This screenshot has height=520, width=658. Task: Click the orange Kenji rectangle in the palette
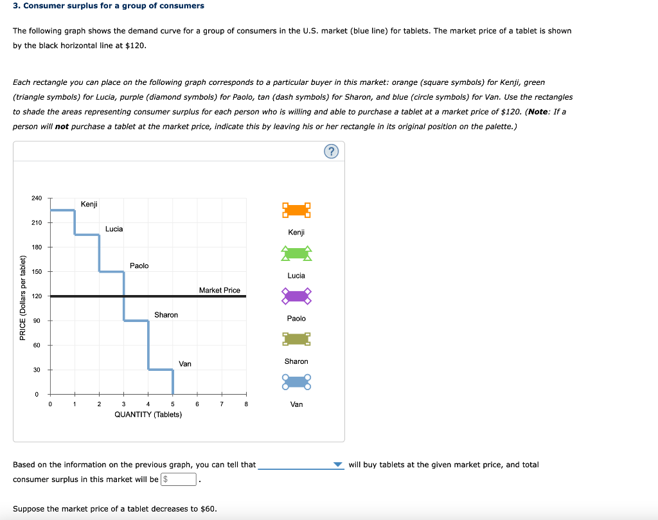click(x=296, y=210)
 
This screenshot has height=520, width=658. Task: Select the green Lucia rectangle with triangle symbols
click(x=296, y=253)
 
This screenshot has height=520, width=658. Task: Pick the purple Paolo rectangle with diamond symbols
click(x=296, y=296)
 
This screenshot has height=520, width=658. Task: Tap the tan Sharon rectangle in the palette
click(x=296, y=339)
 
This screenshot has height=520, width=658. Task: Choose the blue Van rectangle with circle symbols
click(x=296, y=382)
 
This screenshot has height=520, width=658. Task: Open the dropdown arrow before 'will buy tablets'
click(x=339, y=465)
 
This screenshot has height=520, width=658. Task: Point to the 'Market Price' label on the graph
click(x=220, y=291)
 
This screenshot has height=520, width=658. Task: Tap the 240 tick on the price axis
click(x=37, y=198)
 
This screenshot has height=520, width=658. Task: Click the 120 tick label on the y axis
click(x=37, y=296)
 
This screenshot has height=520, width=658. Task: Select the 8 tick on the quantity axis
click(x=246, y=404)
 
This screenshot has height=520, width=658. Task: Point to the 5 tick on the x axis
click(x=173, y=404)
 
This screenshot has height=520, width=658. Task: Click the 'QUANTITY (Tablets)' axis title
click(x=148, y=415)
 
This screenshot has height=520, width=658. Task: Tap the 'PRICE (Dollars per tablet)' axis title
click(x=23, y=298)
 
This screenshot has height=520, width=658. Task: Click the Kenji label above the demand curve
click(x=89, y=204)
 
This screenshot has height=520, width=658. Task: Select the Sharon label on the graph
click(x=166, y=315)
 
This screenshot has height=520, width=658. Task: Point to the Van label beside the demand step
click(x=185, y=364)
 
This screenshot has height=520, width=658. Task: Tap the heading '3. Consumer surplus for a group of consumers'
click(x=109, y=6)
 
